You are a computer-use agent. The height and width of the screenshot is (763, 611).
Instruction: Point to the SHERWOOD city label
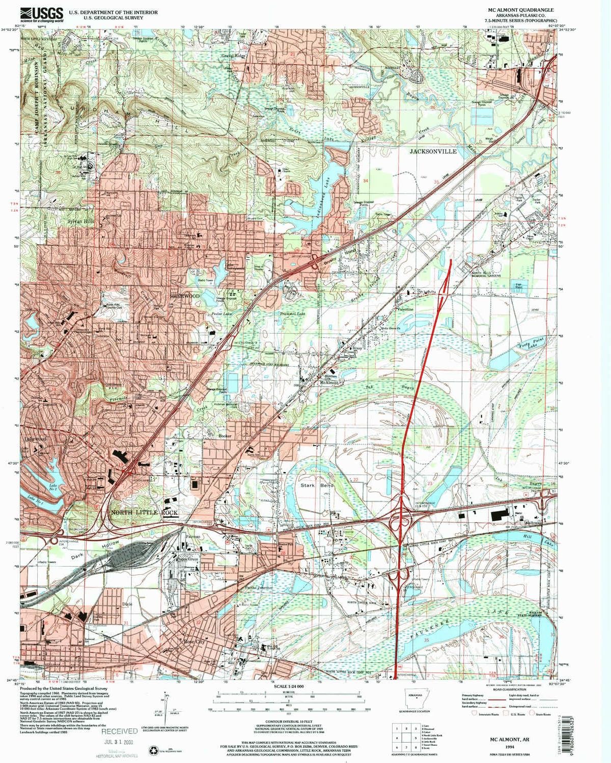[x=184, y=296]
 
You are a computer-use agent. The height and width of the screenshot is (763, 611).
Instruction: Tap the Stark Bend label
[x=316, y=485]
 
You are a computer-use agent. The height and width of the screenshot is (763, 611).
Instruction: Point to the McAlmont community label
[x=329, y=383]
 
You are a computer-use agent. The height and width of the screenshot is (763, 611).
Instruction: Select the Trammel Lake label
[x=292, y=314]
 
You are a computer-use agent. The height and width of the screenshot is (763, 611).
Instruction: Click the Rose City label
[x=193, y=642]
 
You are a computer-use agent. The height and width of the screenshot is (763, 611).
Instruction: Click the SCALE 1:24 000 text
[x=289, y=686]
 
